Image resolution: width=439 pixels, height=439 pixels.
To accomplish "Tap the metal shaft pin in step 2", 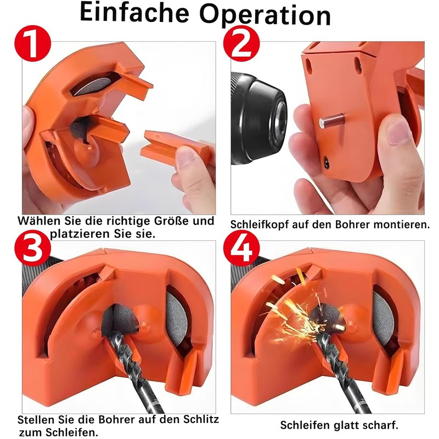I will pyautogui.click(x=333, y=118).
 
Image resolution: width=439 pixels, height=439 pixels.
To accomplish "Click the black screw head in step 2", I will pyautogui.click(x=327, y=162).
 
